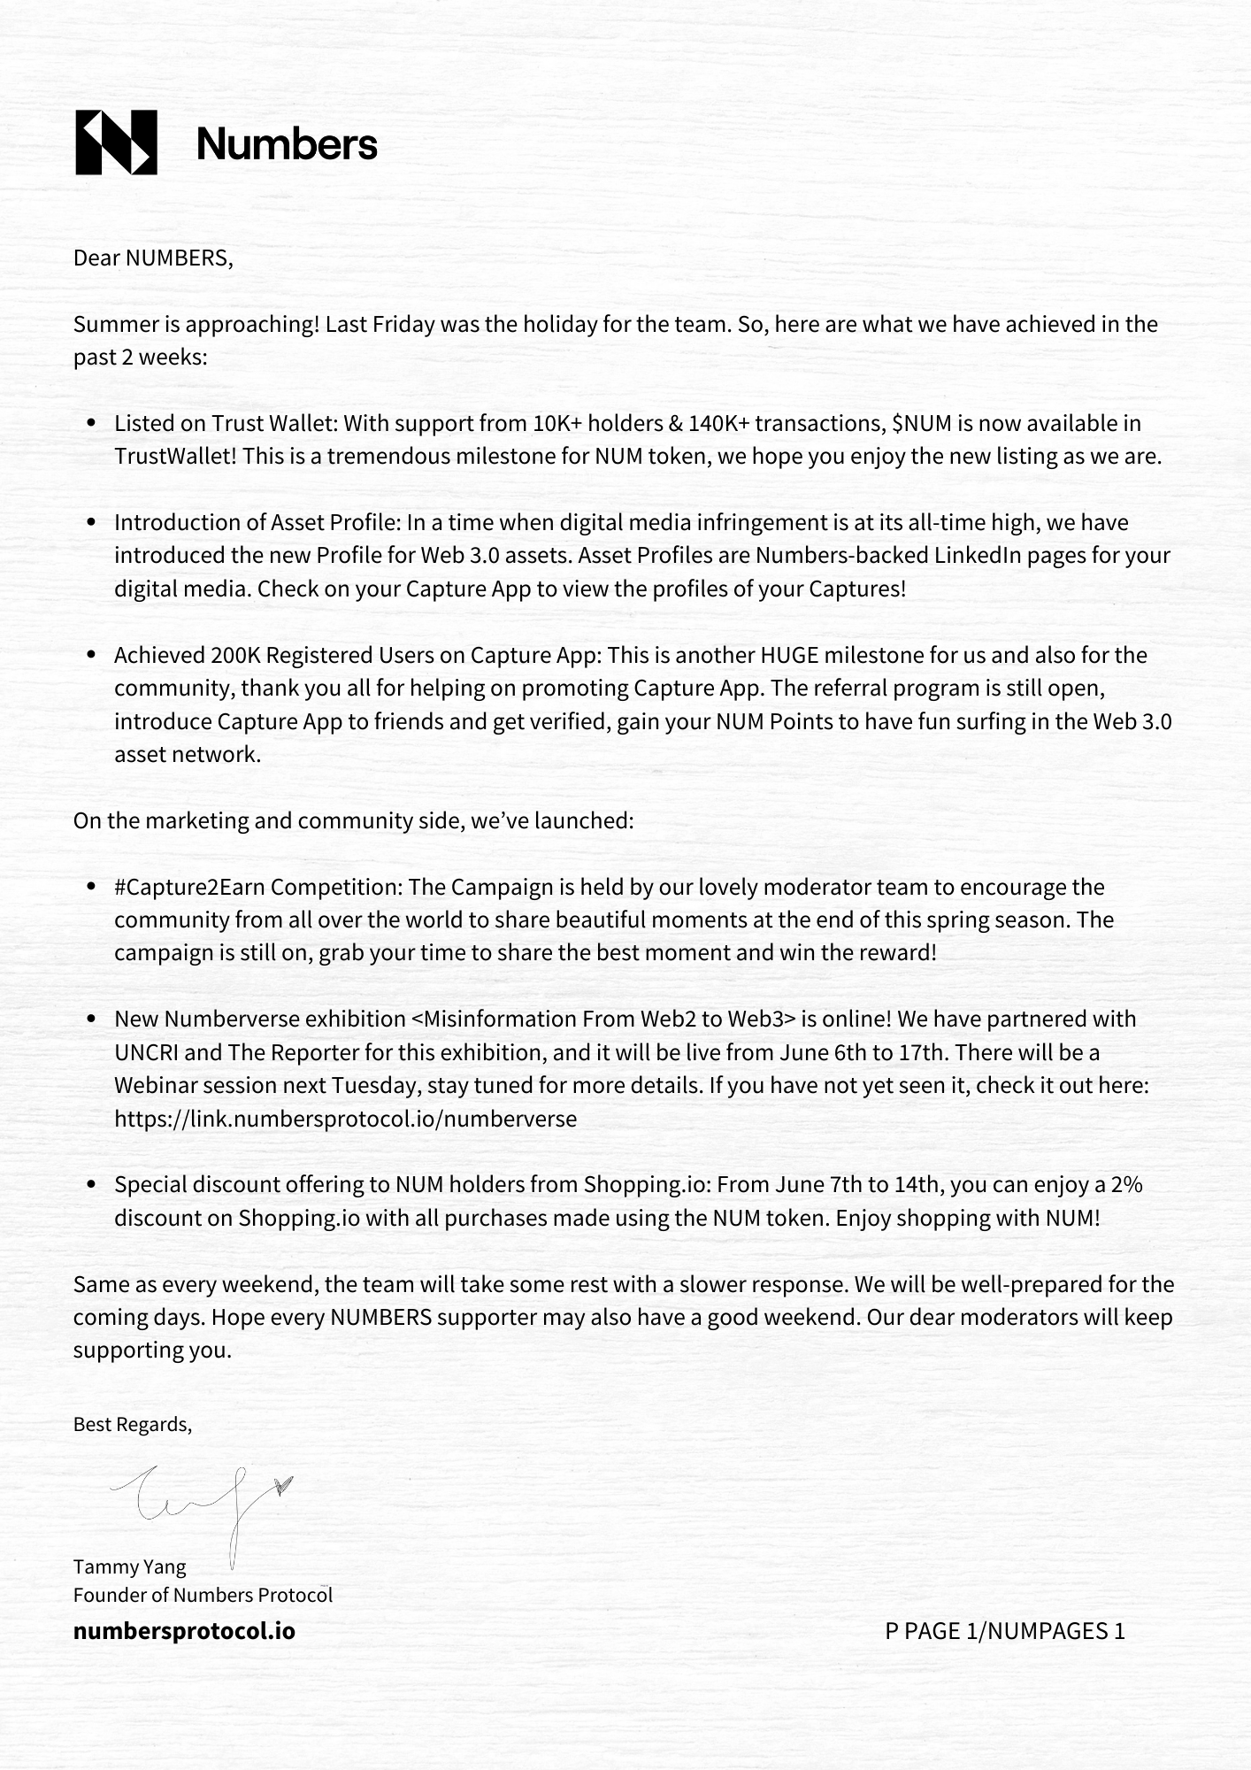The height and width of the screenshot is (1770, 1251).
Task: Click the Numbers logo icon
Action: (116, 142)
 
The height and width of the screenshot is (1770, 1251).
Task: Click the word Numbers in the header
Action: (287, 143)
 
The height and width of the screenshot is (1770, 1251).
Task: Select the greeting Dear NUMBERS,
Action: (153, 258)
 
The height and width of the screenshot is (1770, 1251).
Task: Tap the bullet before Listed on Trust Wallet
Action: (91, 424)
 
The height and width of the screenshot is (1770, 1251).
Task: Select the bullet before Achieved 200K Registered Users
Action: (91, 656)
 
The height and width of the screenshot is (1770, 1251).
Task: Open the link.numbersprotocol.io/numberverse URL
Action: (345, 1120)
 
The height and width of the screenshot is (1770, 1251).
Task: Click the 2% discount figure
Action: (1126, 1185)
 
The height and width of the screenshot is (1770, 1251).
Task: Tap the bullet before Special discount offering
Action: (91, 1186)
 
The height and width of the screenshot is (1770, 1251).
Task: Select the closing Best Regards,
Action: (132, 1425)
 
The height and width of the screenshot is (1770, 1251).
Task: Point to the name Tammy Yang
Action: (130, 1567)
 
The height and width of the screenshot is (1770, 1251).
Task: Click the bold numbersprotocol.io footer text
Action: (184, 1631)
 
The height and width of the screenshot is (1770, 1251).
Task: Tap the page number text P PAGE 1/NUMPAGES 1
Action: (1004, 1631)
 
